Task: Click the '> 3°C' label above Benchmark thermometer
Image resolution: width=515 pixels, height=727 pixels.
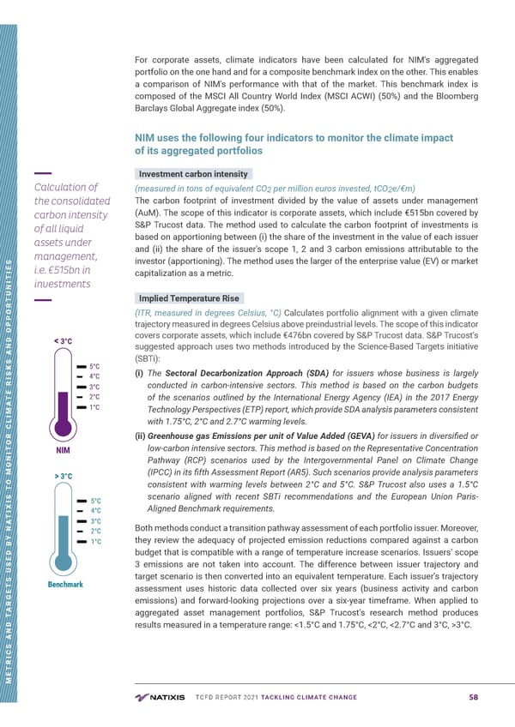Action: pos(63,476)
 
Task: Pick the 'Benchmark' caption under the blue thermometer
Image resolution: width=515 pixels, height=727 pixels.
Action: pos(65,586)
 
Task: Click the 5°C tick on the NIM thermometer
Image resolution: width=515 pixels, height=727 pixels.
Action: pos(95,365)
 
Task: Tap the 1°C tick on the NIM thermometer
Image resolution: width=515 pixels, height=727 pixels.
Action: pos(95,407)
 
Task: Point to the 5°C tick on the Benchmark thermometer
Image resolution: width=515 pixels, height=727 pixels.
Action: pos(95,501)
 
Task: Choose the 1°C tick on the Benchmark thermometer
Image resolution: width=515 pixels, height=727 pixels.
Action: pos(95,542)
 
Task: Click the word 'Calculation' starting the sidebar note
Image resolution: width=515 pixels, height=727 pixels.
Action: pos(65,188)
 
